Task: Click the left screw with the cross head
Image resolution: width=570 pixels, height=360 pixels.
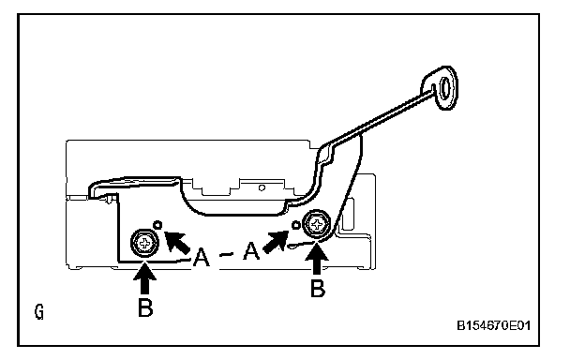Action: pos(145,243)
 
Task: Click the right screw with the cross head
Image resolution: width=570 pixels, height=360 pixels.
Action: pos(317,224)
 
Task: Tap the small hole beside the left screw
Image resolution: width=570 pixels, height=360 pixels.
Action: pos(157,225)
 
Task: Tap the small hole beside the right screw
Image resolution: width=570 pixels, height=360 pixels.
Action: pos(296,225)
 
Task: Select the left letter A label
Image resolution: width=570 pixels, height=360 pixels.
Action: pos(201,257)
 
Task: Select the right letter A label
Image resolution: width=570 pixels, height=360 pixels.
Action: pos(251,250)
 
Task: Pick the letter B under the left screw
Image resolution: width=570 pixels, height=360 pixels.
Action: pos(145,307)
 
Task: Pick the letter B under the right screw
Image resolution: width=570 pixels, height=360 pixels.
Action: pos(318,288)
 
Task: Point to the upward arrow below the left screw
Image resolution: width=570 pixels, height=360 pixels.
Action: pos(144,277)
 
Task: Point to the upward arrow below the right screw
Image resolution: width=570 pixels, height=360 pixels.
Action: pos(317,259)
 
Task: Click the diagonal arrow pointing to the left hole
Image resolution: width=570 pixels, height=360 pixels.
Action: pos(176,242)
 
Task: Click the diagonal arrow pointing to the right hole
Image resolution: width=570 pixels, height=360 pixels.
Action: pos(276,242)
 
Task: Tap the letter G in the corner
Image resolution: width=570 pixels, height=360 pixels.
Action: pos(39,312)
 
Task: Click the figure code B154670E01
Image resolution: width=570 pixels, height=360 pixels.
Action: pos(493,325)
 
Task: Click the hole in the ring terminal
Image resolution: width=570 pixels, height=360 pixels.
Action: pos(445,87)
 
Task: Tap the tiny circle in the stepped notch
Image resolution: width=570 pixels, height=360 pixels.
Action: pos(262,187)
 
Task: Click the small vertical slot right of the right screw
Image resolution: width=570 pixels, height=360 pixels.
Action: pos(348,214)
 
